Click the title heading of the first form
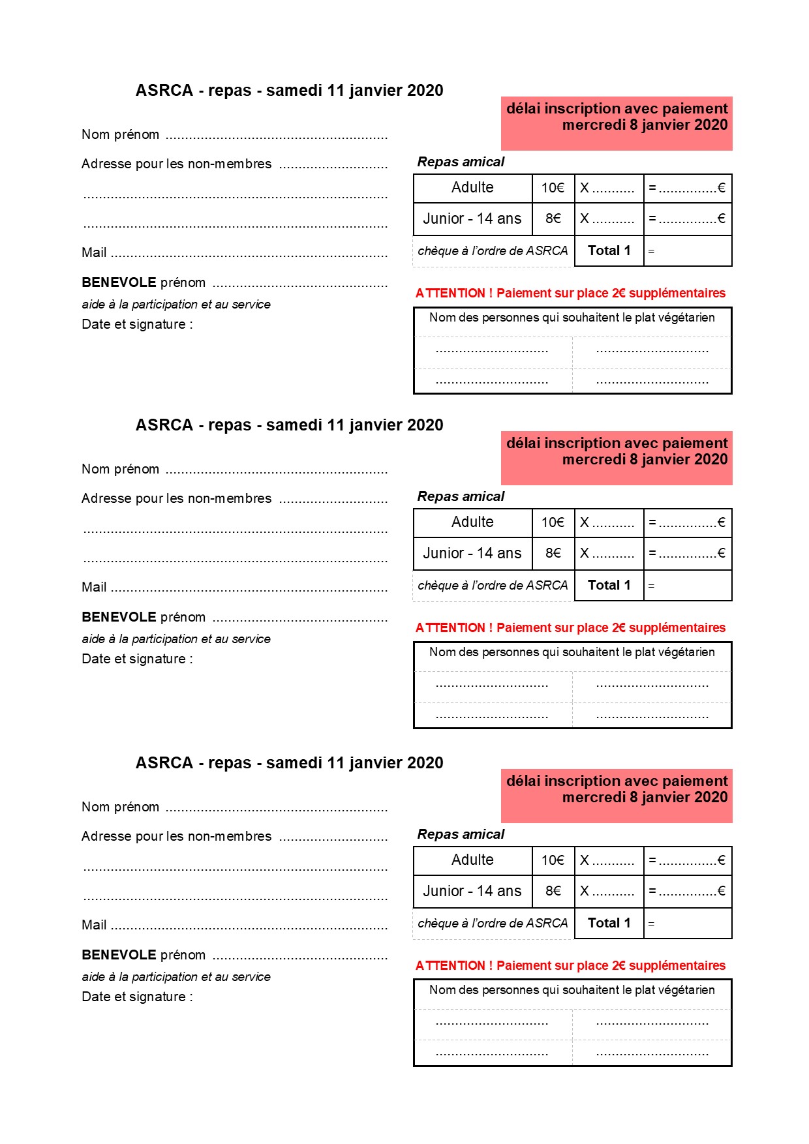coord(289,91)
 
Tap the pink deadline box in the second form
coord(617,458)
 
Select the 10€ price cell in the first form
coord(553,188)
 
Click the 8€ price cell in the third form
coord(553,891)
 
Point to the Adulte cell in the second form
coord(472,522)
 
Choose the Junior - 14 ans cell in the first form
coord(472,219)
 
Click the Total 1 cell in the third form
coord(609,923)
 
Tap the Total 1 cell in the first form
coord(609,250)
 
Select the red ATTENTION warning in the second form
coord(570,627)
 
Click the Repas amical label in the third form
coord(461,834)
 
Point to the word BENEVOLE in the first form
coord(119,282)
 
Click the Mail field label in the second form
coord(94,587)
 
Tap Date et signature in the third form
coord(137,997)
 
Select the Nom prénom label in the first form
coord(120,135)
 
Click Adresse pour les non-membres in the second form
coord(176,498)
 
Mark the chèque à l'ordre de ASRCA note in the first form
coord(493,251)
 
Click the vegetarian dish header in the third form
coord(572,990)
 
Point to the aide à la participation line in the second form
coord(176,639)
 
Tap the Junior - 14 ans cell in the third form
coord(472,892)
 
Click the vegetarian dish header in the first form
coord(572,318)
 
